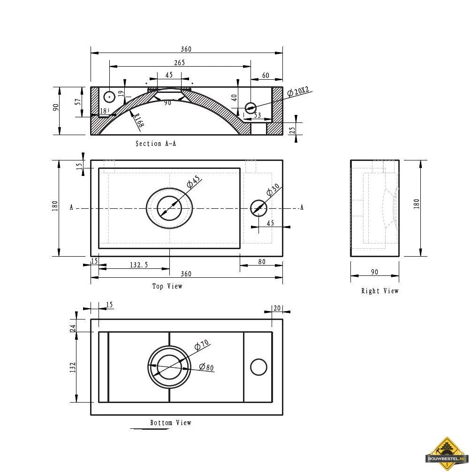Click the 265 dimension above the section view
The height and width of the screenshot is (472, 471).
pyautogui.click(x=179, y=62)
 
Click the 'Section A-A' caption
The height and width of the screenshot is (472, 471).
pyautogui.click(x=156, y=144)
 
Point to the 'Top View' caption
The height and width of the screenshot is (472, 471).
pyautogui.click(x=167, y=286)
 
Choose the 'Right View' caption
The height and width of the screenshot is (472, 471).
pyautogui.click(x=380, y=291)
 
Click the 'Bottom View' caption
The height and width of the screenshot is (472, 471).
pyautogui.click(x=171, y=423)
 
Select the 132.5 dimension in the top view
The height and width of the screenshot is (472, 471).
pyautogui.click(x=139, y=265)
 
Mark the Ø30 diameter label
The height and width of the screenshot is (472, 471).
pyautogui.click(x=273, y=190)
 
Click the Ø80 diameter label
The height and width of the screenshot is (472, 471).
pyautogui.click(x=206, y=367)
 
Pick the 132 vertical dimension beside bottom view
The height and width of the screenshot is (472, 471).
pyautogui.click(x=73, y=368)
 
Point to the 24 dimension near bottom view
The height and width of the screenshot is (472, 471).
pyautogui.click(x=73, y=328)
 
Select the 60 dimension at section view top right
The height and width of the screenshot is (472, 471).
pyautogui.click(x=266, y=76)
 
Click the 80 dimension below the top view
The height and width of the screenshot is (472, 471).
pyautogui.click(x=261, y=261)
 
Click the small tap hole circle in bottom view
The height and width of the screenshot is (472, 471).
pyautogui.click(x=258, y=367)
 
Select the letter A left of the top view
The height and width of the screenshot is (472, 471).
pyautogui.click(x=71, y=207)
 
